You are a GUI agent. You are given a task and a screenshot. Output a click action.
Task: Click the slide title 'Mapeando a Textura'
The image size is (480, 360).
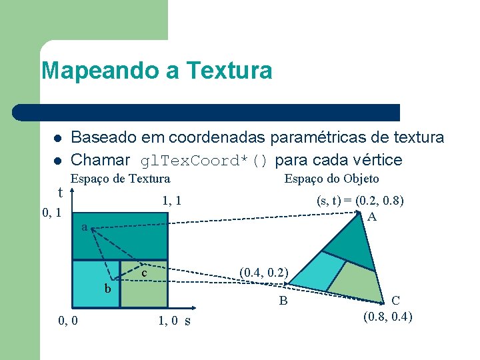click(157, 70)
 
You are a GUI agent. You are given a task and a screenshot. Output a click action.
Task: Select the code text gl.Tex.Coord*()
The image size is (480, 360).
click(203, 161)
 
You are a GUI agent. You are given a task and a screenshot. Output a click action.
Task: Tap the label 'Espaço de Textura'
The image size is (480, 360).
click(121, 179)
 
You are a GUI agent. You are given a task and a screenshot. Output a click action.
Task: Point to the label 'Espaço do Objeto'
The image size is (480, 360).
click(331, 179)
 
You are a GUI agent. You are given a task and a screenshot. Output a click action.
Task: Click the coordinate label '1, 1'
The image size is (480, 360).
click(172, 200)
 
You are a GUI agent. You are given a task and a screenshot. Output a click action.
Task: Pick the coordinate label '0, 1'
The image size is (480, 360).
click(52, 213)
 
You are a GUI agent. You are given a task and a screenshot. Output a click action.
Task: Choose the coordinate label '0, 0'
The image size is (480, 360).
click(67, 321)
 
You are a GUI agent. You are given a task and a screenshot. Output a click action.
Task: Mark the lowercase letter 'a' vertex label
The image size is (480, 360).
click(84, 227)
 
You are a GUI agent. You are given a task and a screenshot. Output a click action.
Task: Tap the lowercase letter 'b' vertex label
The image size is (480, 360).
click(107, 289)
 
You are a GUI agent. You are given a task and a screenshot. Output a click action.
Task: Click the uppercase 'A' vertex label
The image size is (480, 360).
click(372, 217)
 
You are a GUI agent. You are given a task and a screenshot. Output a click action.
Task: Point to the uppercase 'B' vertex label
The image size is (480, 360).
click(283, 301)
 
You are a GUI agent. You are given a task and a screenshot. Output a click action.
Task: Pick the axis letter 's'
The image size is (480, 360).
click(187, 321)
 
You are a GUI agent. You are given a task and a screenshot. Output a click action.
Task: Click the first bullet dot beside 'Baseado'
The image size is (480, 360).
click(57, 139)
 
